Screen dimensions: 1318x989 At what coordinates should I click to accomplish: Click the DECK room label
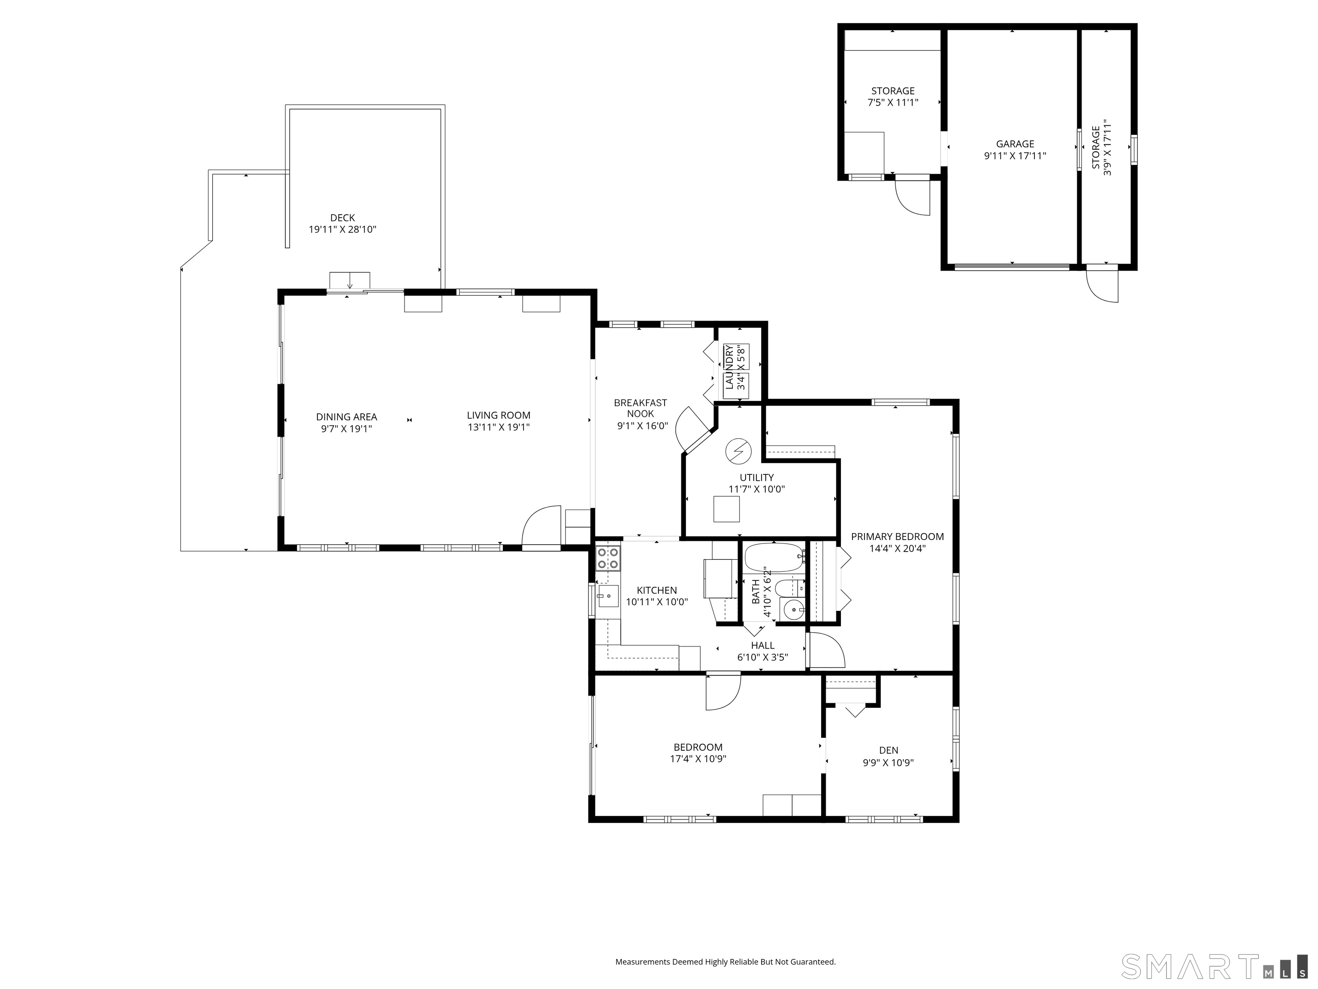(x=343, y=218)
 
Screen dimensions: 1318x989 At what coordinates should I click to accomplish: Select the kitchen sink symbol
(x=608, y=595)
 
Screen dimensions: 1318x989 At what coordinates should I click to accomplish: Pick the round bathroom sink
(x=793, y=609)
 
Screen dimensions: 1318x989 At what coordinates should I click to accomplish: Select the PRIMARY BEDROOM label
(x=898, y=537)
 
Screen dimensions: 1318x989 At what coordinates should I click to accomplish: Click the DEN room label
(x=889, y=750)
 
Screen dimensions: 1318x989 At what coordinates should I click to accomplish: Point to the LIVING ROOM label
(x=498, y=416)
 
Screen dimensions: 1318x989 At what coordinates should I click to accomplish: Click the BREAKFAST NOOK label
(x=641, y=408)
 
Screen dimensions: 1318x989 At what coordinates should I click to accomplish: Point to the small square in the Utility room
(x=726, y=509)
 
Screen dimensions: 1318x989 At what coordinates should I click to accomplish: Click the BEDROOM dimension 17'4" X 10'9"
(x=698, y=759)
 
